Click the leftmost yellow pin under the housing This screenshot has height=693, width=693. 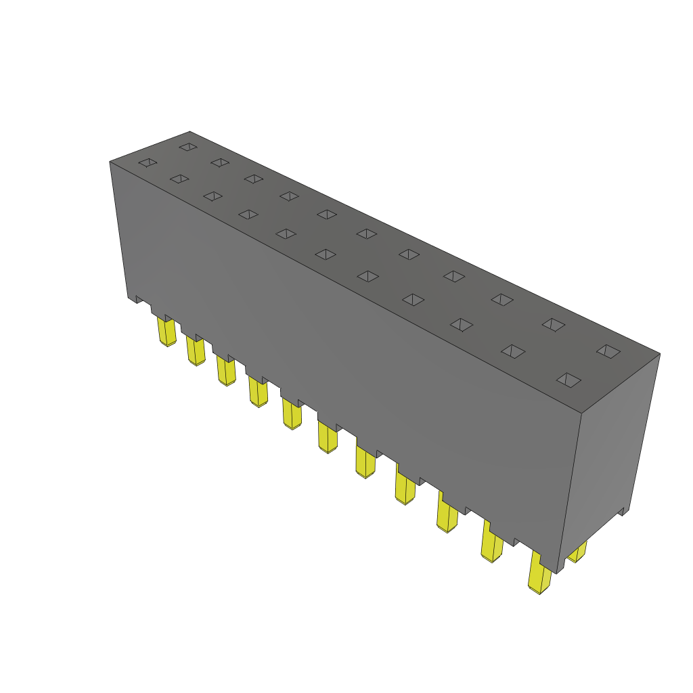(166, 332)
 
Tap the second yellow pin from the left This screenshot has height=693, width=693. (196, 351)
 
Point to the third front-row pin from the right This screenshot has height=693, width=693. (447, 516)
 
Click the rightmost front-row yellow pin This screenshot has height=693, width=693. (539, 575)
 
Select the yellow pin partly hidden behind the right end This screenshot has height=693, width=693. (577, 554)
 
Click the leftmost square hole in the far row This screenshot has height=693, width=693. (187, 146)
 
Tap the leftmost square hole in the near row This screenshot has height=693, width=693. (148, 162)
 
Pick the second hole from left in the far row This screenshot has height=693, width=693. (219, 162)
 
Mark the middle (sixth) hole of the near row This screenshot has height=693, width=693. (326, 254)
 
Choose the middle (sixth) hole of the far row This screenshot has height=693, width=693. (366, 233)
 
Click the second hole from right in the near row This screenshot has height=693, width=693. (514, 351)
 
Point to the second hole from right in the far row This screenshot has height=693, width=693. (554, 325)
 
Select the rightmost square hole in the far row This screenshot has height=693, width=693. (608, 351)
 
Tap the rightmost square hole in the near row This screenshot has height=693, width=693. (568, 380)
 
